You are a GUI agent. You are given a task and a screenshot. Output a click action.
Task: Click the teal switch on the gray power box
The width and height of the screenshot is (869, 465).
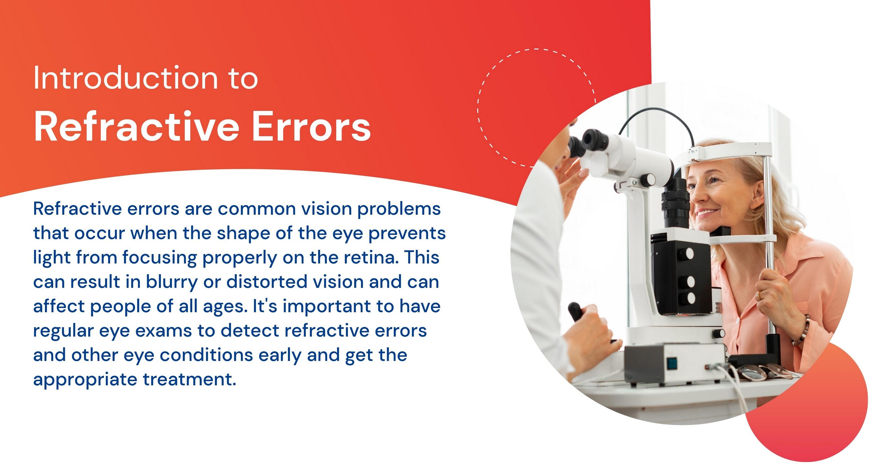pyautogui.click(x=672, y=363)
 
